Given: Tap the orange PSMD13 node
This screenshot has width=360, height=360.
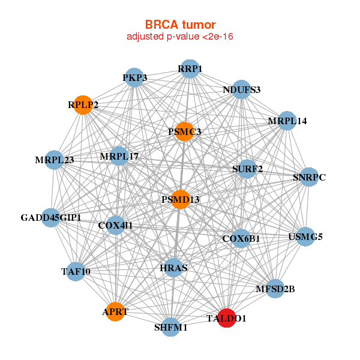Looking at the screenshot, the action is (180, 199).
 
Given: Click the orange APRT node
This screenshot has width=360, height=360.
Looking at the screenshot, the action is (115, 311).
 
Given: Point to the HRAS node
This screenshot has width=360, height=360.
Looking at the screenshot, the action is (173, 268).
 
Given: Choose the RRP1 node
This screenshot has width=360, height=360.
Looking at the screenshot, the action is (190, 69).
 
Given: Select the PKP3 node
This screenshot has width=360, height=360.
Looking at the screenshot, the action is (135, 78).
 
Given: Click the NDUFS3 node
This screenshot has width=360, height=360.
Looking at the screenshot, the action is (241, 90).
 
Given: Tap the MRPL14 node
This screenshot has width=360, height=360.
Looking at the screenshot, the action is (287, 121).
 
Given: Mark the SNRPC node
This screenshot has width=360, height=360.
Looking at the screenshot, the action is (308, 177).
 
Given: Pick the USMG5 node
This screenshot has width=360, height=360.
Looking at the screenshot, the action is (305, 236).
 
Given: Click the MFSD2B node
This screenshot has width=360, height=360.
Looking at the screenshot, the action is (275, 289).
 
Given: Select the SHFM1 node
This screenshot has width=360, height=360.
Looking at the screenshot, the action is (171, 327).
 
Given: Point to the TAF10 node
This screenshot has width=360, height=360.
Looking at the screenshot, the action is (75, 271).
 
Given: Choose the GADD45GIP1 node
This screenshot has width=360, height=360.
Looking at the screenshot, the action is (51, 217).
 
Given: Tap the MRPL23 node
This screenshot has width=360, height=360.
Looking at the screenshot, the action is (54, 160).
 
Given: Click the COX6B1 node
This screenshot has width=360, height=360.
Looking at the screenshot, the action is (241, 238).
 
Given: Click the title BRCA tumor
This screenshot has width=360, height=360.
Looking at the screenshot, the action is (180, 25).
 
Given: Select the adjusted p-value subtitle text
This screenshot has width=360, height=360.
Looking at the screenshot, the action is (180, 37).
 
